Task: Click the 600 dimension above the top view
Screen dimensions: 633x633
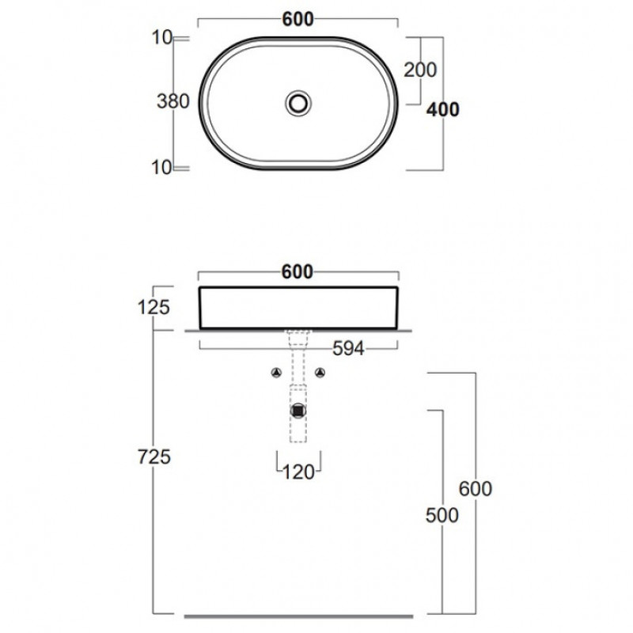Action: click(x=298, y=19)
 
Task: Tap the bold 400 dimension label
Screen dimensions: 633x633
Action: click(x=443, y=109)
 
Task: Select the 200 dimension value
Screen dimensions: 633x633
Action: click(x=420, y=70)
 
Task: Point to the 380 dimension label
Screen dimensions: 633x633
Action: click(x=173, y=101)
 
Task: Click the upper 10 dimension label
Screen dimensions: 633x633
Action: click(x=162, y=37)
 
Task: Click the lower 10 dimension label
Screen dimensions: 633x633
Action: click(x=162, y=168)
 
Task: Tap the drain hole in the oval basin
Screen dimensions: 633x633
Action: click(x=298, y=103)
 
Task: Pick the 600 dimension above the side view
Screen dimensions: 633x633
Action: click(x=298, y=272)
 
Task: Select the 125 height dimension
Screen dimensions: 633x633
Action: click(x=154, y=308)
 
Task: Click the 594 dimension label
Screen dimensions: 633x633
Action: click(x=348, y=348)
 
